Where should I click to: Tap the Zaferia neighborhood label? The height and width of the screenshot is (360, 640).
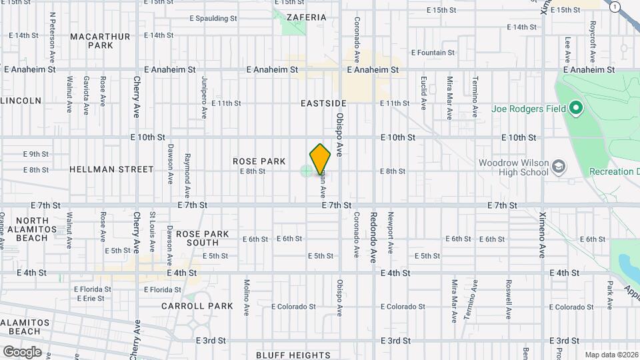(306, 17)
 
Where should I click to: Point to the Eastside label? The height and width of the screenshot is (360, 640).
(323, 103)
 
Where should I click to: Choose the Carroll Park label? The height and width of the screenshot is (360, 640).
(197, 306)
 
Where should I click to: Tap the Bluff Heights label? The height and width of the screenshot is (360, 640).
(289, 355)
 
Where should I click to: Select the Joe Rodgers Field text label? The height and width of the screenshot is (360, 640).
(529, 109)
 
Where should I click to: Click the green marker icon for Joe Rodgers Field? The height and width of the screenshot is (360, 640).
(575, 108)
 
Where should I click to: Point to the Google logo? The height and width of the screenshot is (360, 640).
(22, 351)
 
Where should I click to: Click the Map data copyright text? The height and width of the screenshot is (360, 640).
(611, 355)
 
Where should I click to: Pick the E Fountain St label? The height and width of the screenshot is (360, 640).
(433, 52)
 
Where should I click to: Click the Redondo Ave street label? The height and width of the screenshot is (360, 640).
(373, 237)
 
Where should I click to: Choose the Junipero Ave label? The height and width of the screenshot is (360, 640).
(205, 97)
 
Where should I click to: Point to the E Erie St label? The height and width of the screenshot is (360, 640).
(91, 298)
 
